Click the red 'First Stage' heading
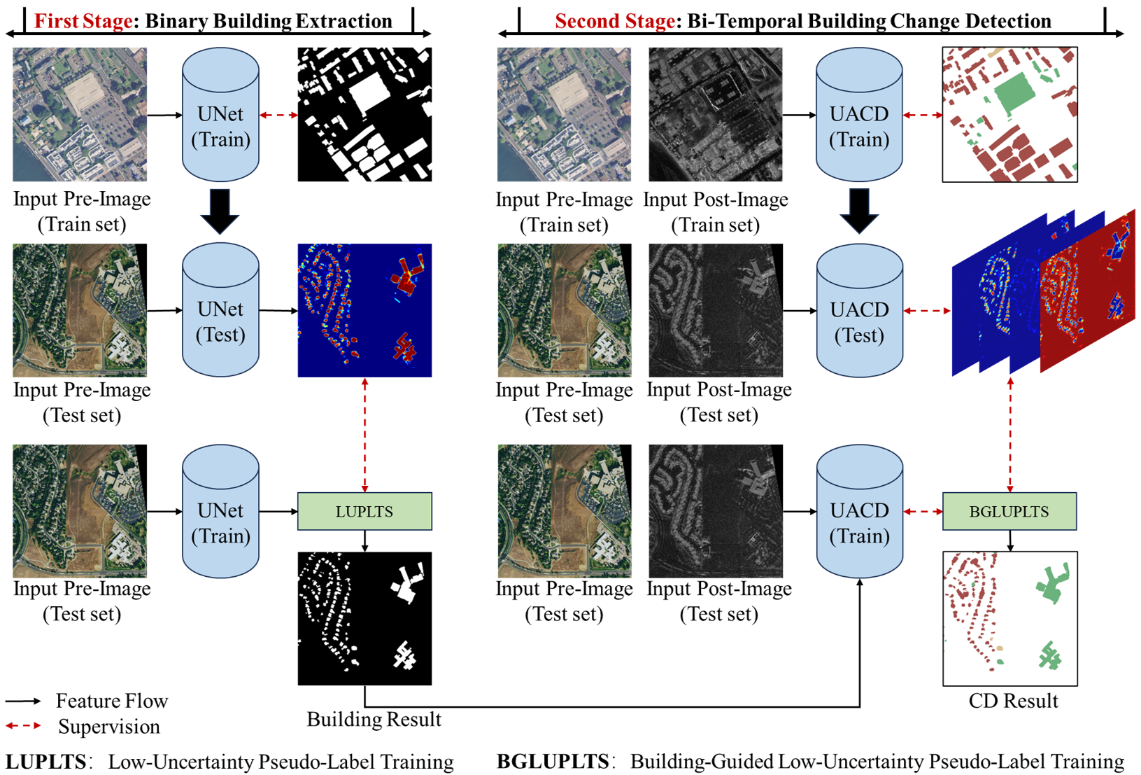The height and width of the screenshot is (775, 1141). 83,22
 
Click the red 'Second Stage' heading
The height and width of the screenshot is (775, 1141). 615,22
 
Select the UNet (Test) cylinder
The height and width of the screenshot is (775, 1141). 220,310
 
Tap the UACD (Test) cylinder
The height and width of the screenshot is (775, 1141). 859,311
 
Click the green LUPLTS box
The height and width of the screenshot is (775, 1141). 364,511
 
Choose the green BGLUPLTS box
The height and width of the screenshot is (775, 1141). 1009,511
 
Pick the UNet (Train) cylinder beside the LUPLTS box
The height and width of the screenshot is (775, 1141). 220,512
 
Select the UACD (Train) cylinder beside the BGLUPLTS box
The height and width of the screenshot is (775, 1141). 859,512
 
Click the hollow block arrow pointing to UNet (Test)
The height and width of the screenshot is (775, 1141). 220,210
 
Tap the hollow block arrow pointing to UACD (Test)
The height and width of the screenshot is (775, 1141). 859,210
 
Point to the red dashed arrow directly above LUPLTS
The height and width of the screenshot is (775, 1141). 365,434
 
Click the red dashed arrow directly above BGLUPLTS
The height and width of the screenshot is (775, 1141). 1010,434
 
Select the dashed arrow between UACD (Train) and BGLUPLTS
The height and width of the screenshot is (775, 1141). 923,512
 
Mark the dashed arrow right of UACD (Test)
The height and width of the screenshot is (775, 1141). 927,311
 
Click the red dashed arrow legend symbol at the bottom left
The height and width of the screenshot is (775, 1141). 23,725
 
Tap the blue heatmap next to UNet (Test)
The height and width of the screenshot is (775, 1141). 365,310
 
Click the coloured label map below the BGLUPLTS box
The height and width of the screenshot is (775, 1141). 1009,618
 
